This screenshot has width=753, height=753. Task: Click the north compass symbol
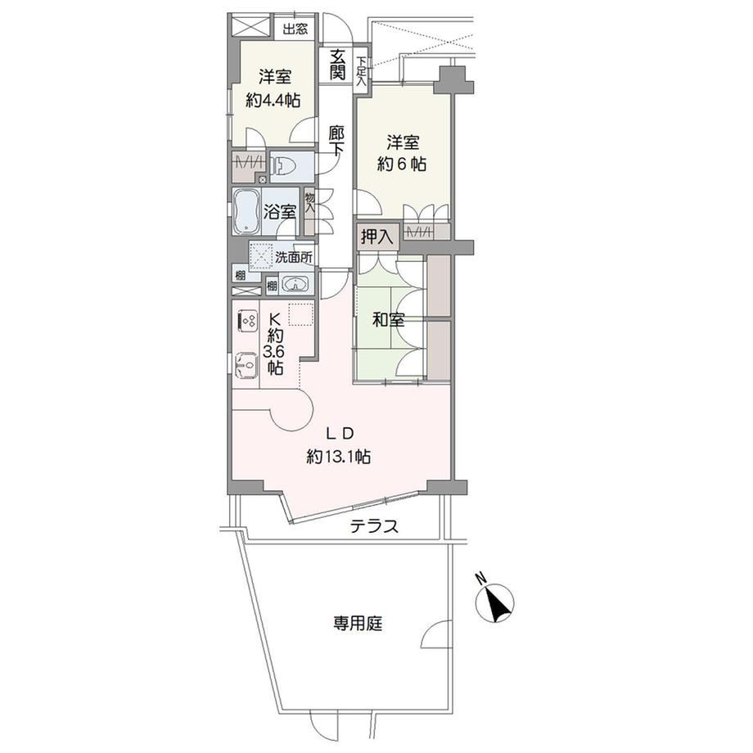[x=495, y=601]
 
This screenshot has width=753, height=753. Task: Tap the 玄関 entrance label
[x=337, y=65]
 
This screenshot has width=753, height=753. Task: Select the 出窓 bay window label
[x=295, y=29]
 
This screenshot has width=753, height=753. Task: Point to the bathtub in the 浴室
[x=246, y=211]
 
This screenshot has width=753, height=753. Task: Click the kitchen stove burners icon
[x=248, y=321]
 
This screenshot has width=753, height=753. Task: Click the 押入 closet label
[x=377, y=236]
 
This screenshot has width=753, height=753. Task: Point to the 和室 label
[x=389, y=320]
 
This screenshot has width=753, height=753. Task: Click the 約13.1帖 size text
[x=339, y=456]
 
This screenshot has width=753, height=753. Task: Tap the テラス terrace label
[x=374, y=527]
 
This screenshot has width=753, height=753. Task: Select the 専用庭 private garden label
[x=358, y=624]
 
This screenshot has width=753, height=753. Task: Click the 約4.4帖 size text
[x=273, y=101]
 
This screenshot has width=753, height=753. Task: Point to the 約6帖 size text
[x=402, y=165]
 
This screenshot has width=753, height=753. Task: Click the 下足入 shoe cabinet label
[x=361, y=71]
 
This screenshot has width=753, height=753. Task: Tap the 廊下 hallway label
[x=336, y=140]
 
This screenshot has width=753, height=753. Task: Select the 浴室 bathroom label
[x=279, y=212]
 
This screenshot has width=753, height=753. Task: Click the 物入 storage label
[x=309, y=203]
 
